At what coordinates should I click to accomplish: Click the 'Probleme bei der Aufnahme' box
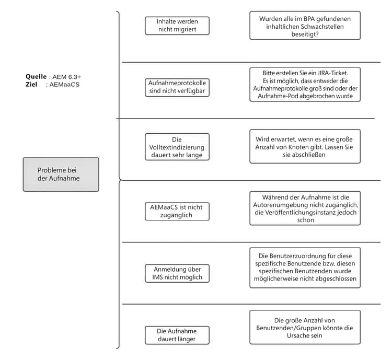61,175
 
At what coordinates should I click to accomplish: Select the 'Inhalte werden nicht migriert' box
177,26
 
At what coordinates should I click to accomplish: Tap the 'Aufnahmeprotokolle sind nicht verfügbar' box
177,87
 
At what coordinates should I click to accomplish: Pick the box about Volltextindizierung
177,147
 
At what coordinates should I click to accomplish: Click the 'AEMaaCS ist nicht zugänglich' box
177,211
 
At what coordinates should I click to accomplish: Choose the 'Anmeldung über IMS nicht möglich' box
177,273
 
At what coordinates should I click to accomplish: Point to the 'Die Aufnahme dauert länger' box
177,335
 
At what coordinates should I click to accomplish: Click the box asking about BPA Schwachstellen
305,26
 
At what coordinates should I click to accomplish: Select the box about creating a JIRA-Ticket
305,84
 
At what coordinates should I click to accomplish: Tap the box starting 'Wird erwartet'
305,147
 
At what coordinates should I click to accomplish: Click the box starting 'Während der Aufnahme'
305,208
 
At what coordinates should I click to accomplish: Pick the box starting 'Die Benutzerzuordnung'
305,268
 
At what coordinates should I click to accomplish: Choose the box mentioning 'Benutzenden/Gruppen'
305,328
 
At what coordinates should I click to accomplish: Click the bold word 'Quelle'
36,76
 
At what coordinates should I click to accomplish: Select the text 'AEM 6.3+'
66,77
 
